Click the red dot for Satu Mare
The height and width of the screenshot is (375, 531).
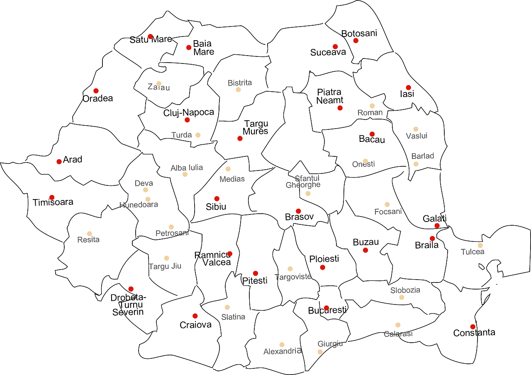tap(150, 37)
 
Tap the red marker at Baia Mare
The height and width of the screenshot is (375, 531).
tap(189, 47)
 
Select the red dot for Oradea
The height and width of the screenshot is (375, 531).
tap(96, 90)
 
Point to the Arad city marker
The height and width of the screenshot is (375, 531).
tap(59, 161)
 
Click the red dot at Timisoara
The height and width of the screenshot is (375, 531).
tap(52, 197)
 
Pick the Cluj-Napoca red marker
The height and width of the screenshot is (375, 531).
tap(187, 120)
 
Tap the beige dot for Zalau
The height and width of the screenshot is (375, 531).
tap(158, 83)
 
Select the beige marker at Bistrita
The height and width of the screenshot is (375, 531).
tap(238, 90)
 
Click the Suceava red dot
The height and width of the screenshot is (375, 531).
tap(335, 46)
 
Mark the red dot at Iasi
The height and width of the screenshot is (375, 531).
tap(408, 88)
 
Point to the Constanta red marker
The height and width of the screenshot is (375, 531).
tap(472, 326)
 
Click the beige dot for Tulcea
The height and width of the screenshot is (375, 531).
tap(480, 246)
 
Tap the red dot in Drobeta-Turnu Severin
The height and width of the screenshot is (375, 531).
tap(131, 289)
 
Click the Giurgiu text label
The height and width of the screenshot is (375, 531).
tap(331, 343)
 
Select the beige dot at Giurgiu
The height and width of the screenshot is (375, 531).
tap(320, 352)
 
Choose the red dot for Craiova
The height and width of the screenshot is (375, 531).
tap(195, 316)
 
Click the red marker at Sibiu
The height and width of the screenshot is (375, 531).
tap(217, 198)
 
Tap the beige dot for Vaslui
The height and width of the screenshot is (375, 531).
tap(416, 129)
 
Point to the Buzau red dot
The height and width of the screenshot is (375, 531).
tap(365, 250)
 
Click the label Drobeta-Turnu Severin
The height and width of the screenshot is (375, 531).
tap(128, 304)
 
